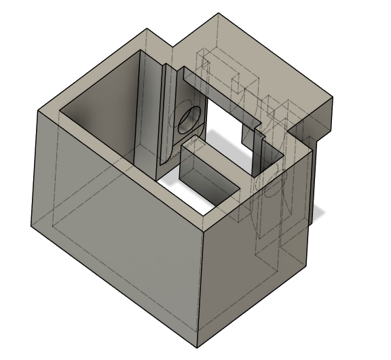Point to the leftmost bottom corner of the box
(31, 226)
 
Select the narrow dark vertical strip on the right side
(310, 183)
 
